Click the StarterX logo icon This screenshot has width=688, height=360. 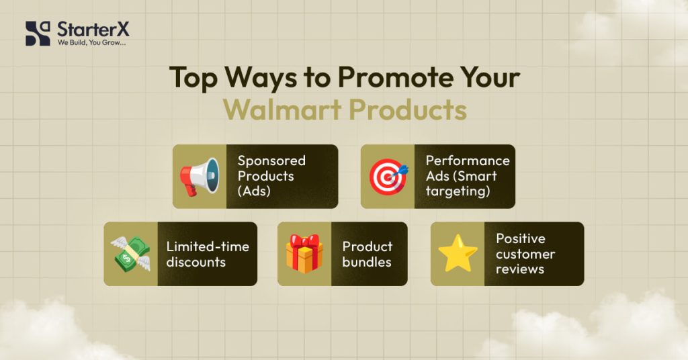[38, 33]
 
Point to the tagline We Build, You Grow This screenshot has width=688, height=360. [91, 43]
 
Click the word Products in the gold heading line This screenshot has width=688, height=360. [411, 109]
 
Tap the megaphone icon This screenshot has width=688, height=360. [200, 177]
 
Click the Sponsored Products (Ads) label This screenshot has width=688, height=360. [271, 176]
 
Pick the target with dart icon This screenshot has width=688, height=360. [388, 177]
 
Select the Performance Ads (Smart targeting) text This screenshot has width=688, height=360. [468, 176]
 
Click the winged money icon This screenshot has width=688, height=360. [130, 254]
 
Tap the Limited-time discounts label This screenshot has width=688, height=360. [208, 254]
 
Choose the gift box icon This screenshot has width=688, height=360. [304, 254]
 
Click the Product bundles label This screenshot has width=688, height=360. [368, 254]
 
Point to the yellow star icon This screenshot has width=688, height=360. [458, 254]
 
